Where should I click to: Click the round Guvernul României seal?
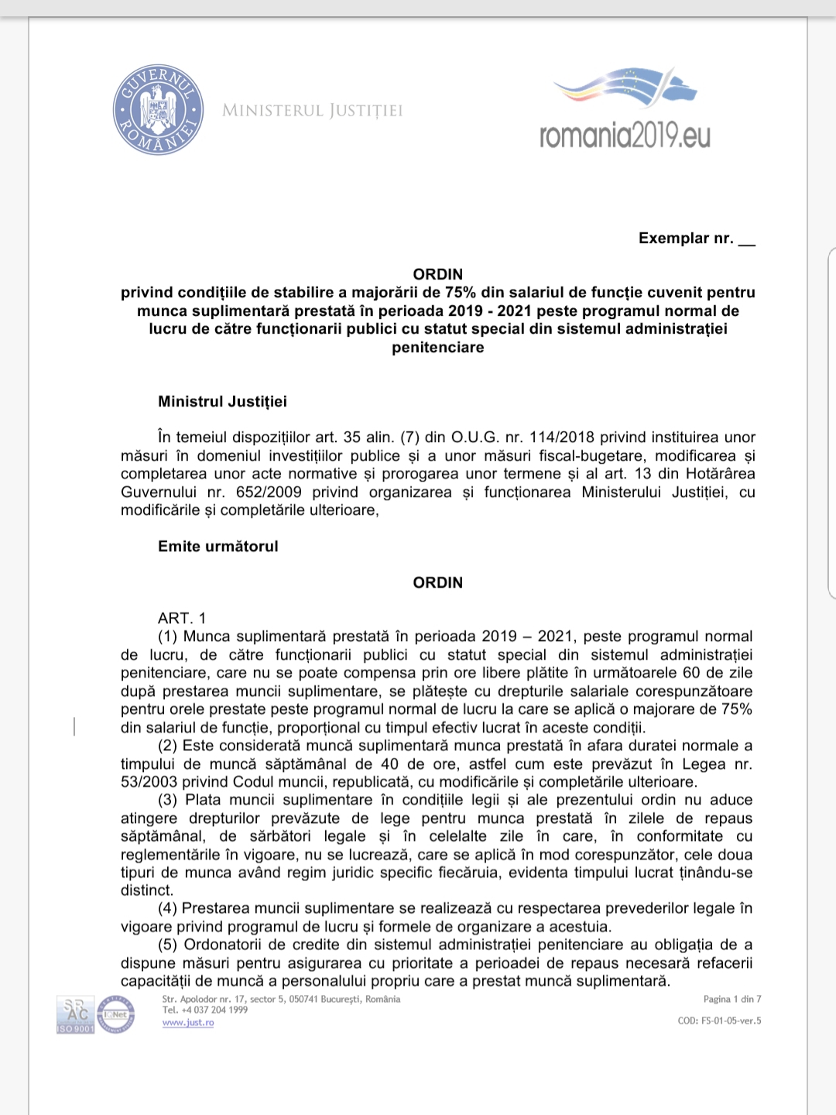point(158,109)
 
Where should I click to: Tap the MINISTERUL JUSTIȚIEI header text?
point(312,111)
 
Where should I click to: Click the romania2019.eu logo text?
point(625,136)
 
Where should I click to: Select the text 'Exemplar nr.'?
point(686,238)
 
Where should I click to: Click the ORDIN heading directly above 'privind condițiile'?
point(437,274)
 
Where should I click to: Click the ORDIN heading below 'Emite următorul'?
point(437,582)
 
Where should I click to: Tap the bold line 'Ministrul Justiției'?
point(222,401)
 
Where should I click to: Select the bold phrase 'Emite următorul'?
point(218,546)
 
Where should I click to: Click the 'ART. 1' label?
point(182,618)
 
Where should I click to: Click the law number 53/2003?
point(149,782)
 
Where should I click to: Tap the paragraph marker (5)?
point(168,945)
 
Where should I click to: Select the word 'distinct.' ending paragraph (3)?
point(147,890)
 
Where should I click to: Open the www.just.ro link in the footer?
point(188,1023)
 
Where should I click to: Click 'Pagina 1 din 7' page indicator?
point(731,1000)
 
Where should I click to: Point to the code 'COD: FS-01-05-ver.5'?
point(719,1021)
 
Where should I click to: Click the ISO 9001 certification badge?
point(75,1015)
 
